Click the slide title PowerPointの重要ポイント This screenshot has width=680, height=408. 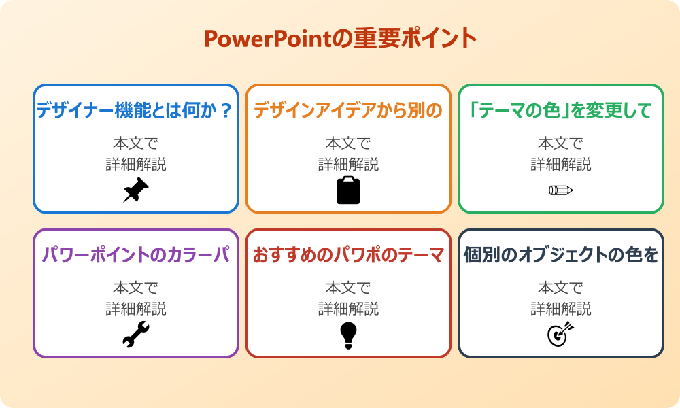(x=340, y=39)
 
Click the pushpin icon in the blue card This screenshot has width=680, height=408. (x=136, y=190)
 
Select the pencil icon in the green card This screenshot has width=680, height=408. (x=561, y=190)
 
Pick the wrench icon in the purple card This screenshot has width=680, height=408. (x=136, y=335)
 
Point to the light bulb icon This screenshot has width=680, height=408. (x=348, y=335)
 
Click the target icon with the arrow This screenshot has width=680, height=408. (x=561, y=334)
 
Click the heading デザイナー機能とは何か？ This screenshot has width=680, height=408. (x=136, y=110)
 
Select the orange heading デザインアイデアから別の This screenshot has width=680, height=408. (x=348, y=110)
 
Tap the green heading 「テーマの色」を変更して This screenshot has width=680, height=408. (x=561, y=110)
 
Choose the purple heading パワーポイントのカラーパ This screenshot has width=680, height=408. (x=136, y=255)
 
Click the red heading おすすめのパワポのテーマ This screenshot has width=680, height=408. (x=348, y=255)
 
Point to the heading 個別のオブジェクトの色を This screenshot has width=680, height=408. (x=561, y=255)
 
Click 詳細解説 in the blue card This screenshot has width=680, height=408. (x=136, y=164)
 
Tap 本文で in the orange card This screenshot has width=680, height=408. (x=348, y=143)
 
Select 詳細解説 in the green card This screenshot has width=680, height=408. (x=561, y=164)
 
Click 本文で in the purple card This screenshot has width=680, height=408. (x=136, y=288)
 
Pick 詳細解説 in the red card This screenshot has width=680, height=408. (x=348, y=309)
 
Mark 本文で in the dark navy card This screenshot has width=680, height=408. (x=561, y=288)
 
